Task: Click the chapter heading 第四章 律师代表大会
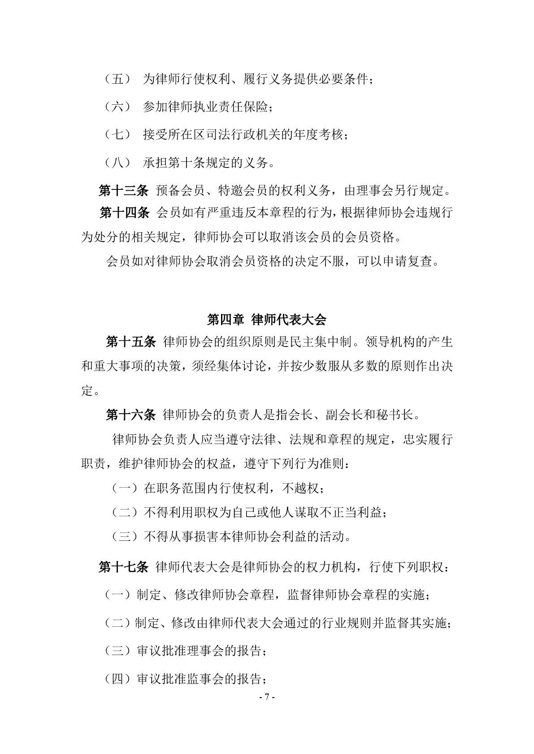pyautogui.click(x=266, y=319)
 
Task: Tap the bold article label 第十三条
pyautogui.click(x=123, y=191)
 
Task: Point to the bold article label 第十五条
pyautogui.click(x=130, y=342)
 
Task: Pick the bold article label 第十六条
pyautogui.click(x=130, y=415)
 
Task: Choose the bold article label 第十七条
pyautogui.click(x=123, y=567)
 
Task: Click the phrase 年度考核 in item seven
pyautogui.click(x=318, y=134)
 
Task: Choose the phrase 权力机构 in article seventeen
pyautogui.click(x=331, y=567)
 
